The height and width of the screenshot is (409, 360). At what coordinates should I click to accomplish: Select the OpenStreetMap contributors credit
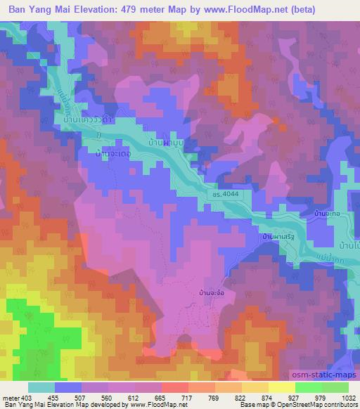(323, 405)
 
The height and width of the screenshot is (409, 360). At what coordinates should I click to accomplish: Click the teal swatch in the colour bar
(41, 387)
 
